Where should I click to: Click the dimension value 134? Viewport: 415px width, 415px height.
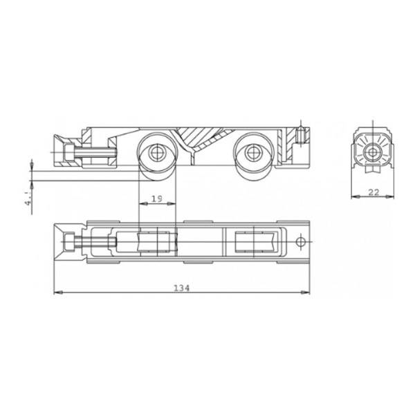[181, 286]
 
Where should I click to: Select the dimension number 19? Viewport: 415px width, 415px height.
[156, 199]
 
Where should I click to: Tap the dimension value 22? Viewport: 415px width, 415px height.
[373, 192]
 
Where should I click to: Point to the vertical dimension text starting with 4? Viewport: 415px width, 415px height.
[26, 201]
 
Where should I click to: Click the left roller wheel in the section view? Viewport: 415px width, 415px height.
[157, 154]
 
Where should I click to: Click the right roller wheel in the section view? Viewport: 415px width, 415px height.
[252, 154]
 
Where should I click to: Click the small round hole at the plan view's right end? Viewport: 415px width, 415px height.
[299, 242]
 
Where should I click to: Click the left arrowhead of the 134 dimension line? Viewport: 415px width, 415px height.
[57, 293]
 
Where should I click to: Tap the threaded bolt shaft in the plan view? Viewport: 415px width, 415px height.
[97, 243]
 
